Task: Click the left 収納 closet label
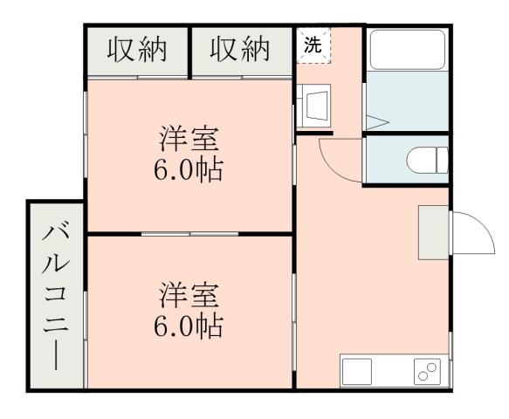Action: (x=136, y=51)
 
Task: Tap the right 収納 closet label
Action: (x=240, y=51)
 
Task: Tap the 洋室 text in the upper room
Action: (x=189, y=140)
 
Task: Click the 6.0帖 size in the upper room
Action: (x=189, y=168)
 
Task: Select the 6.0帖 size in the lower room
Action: (x=189, y=326)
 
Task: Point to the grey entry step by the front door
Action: (x=433, y=232)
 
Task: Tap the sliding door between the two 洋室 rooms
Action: (x=189, y=234)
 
